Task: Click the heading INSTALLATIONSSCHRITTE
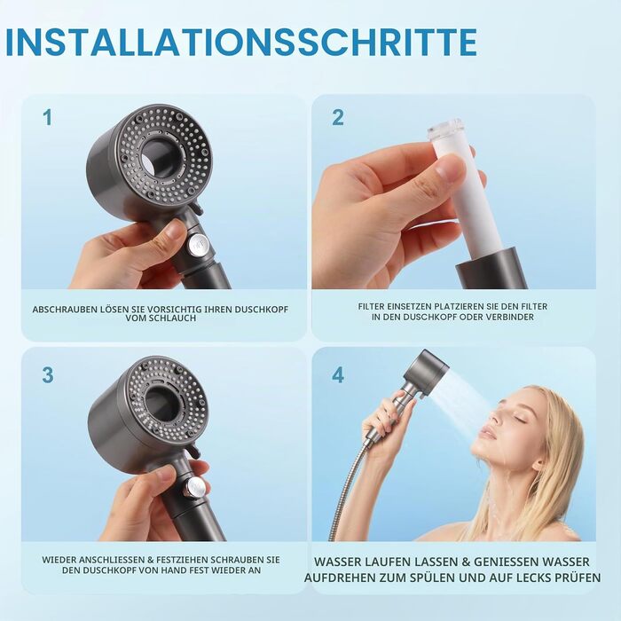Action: point(241,42)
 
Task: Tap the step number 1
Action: point(48,118)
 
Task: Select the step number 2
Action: point(338,118)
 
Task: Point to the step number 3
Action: point(48,374)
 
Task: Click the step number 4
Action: point(338,374)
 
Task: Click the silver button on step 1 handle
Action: point(197,244)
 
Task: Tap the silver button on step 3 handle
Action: point(195,487)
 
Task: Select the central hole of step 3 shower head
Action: point(162,405)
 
